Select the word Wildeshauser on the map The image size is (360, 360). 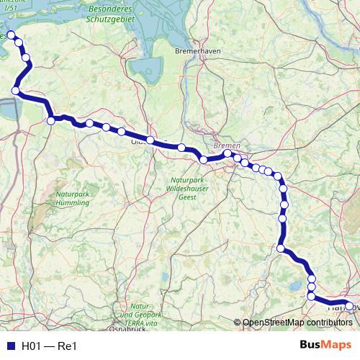click(187, 187)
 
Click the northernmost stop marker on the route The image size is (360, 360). click(11, 35)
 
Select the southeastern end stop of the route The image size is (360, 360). click(349, 306)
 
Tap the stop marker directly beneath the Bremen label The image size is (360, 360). click(228, 153)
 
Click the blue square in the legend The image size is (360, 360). click(9, 346)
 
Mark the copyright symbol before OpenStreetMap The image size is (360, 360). click(237, 323)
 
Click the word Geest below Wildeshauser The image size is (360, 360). click(187, 196)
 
